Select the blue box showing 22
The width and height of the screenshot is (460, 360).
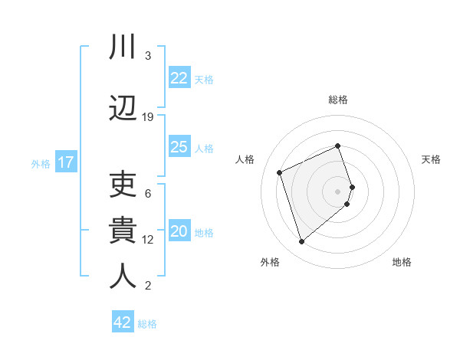[179, 78]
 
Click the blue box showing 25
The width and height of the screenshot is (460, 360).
[179, 147]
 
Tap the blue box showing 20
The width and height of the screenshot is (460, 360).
[179, 231]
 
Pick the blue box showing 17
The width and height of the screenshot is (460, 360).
[65, 162]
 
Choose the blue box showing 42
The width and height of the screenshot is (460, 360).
[123, 322]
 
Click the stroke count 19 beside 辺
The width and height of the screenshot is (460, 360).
[148, 116]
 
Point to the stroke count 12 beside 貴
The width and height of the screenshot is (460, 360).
[148, 239]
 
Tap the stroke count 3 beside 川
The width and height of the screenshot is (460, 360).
[148, 56]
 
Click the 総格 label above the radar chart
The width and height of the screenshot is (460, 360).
[338, 100]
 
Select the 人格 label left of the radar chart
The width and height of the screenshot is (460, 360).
[245, 159]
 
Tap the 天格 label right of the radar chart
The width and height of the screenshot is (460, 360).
[431, 159]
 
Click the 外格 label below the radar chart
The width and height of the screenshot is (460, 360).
[270, 262]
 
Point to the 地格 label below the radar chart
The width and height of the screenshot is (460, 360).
[402, 262]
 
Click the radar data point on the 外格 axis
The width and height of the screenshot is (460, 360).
[301, 242]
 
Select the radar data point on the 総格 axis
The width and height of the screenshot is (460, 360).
[338, 146]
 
